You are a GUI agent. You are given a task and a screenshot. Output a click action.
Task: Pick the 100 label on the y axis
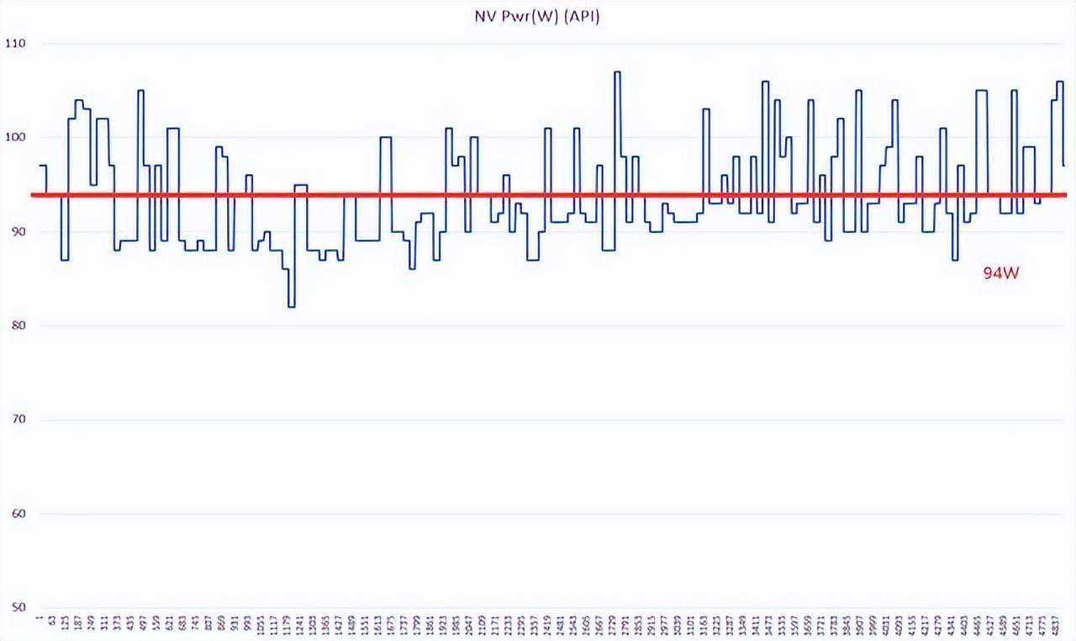[x=16, y=136]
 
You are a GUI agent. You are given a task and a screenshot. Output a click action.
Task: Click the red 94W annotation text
[x=1000, y=273]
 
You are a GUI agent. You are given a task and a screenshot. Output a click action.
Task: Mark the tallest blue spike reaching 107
[x=617, y=72]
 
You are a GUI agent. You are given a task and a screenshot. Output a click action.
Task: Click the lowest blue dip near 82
[x=291, y=306]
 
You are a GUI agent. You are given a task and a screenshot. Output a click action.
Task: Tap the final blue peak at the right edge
[x=1059, y=82]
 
